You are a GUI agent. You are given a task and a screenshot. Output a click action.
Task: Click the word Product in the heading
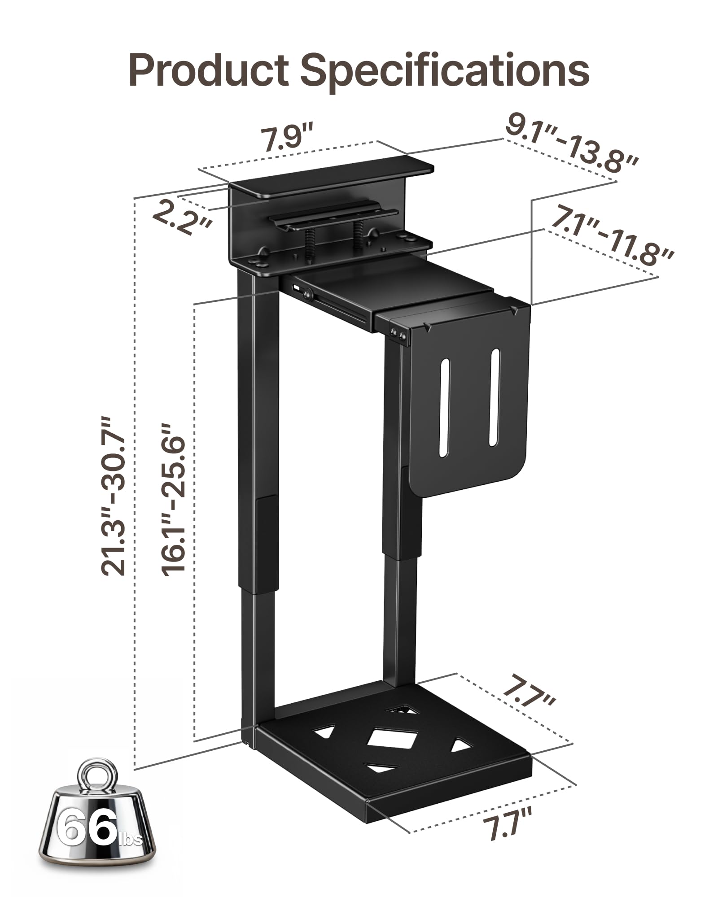(x=208, y=70)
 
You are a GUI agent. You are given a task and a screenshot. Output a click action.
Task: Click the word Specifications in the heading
(x=444, y=70)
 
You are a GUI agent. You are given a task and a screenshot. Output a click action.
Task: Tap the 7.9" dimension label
(x=287, y=139)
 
